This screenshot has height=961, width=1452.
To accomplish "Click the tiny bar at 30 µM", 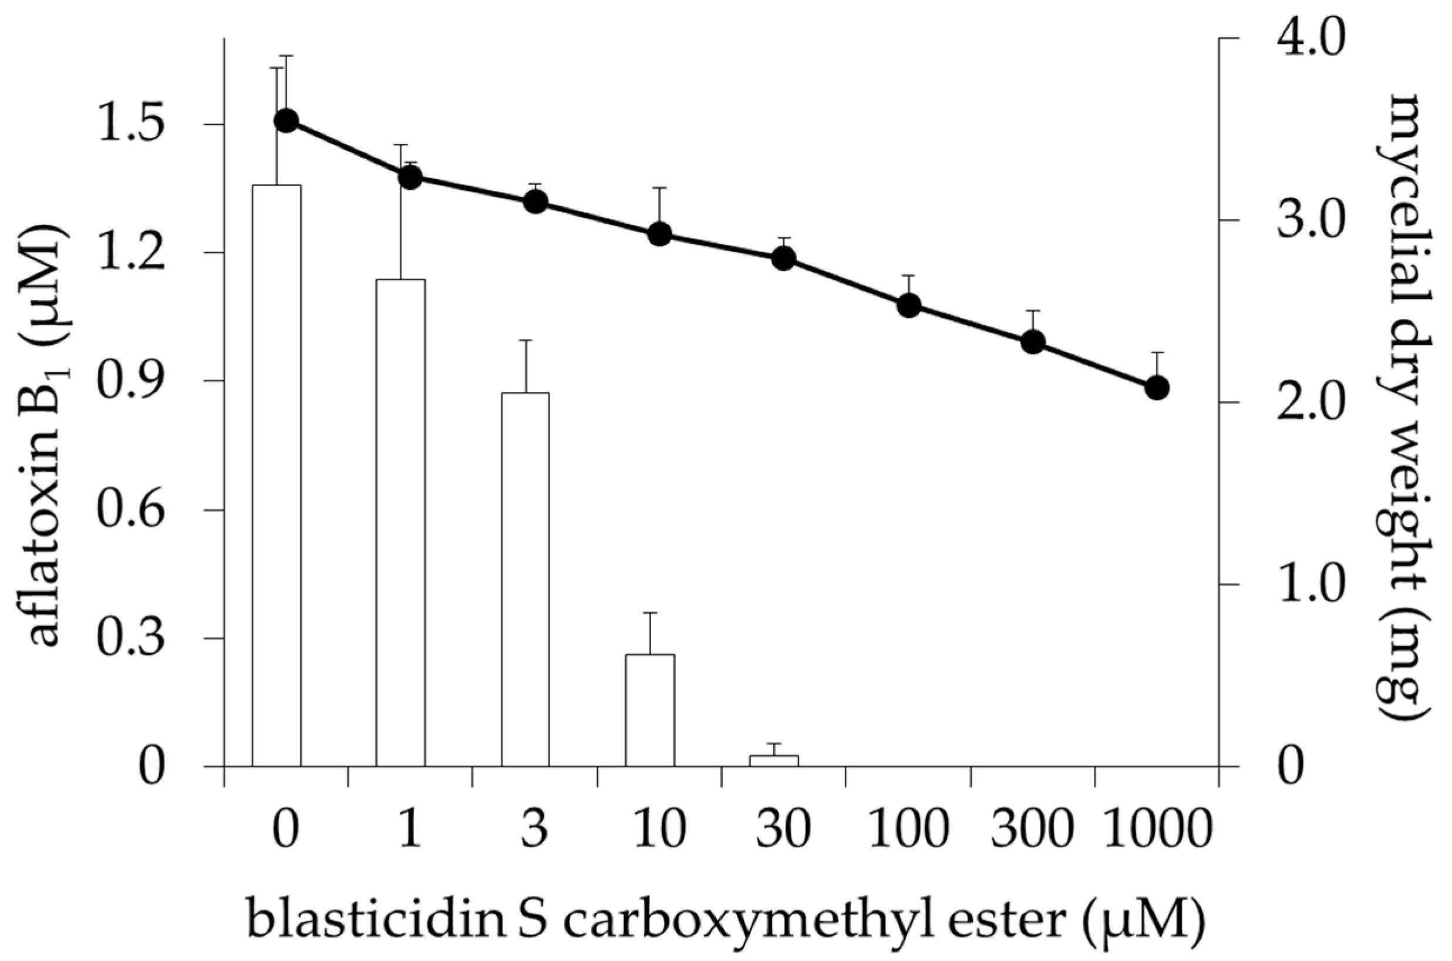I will tap(774, 761).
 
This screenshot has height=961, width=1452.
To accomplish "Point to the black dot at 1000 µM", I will tap(1157, 387).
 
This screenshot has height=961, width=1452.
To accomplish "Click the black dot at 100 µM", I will tap(909, 305).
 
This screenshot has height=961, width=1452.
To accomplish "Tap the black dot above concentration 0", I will tap(286, 121).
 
